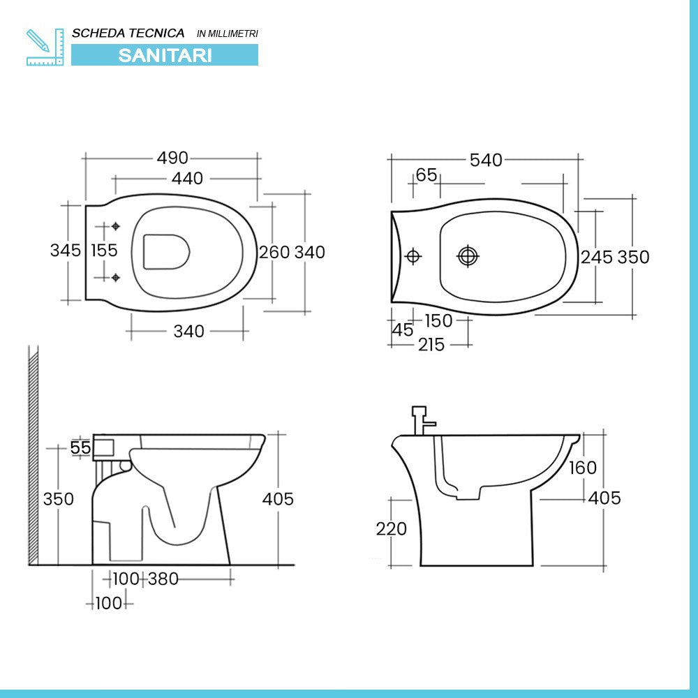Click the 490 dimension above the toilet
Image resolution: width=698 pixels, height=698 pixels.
[x=172, y=158]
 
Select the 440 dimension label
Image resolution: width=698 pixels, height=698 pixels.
[x=187, y=179]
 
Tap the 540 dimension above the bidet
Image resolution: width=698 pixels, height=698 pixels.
[x=486, y=161]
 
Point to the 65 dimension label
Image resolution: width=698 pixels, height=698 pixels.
[x=426, y=175]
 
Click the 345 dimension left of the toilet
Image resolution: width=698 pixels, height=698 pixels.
[x=66, y=250]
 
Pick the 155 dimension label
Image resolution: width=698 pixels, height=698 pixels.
[x=104, y=250]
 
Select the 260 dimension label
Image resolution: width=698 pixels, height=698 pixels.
[x=274, y=252]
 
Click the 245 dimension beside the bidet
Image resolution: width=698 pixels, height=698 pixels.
[x=597, y=258]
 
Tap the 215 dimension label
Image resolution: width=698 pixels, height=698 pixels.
[x=431, y=344]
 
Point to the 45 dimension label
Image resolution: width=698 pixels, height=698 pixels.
[x=403, y=330]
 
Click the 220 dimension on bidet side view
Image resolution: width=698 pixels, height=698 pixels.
[x=391, y=529]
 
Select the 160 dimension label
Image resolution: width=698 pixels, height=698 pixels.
[x=582, y=468]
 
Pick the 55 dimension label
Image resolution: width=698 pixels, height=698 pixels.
[x=81, y=448]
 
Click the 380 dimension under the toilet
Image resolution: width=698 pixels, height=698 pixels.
[x=163, y=579]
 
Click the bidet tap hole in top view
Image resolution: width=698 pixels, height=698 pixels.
[x=413, y=256]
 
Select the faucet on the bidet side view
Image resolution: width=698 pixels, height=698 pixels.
[x=421, y=419]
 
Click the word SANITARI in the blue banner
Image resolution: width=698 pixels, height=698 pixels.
[x=165, y=55]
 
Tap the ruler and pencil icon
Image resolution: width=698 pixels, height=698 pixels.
[x=45, y=47]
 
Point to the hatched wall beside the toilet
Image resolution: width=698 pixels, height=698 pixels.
[x=33, y=454]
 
